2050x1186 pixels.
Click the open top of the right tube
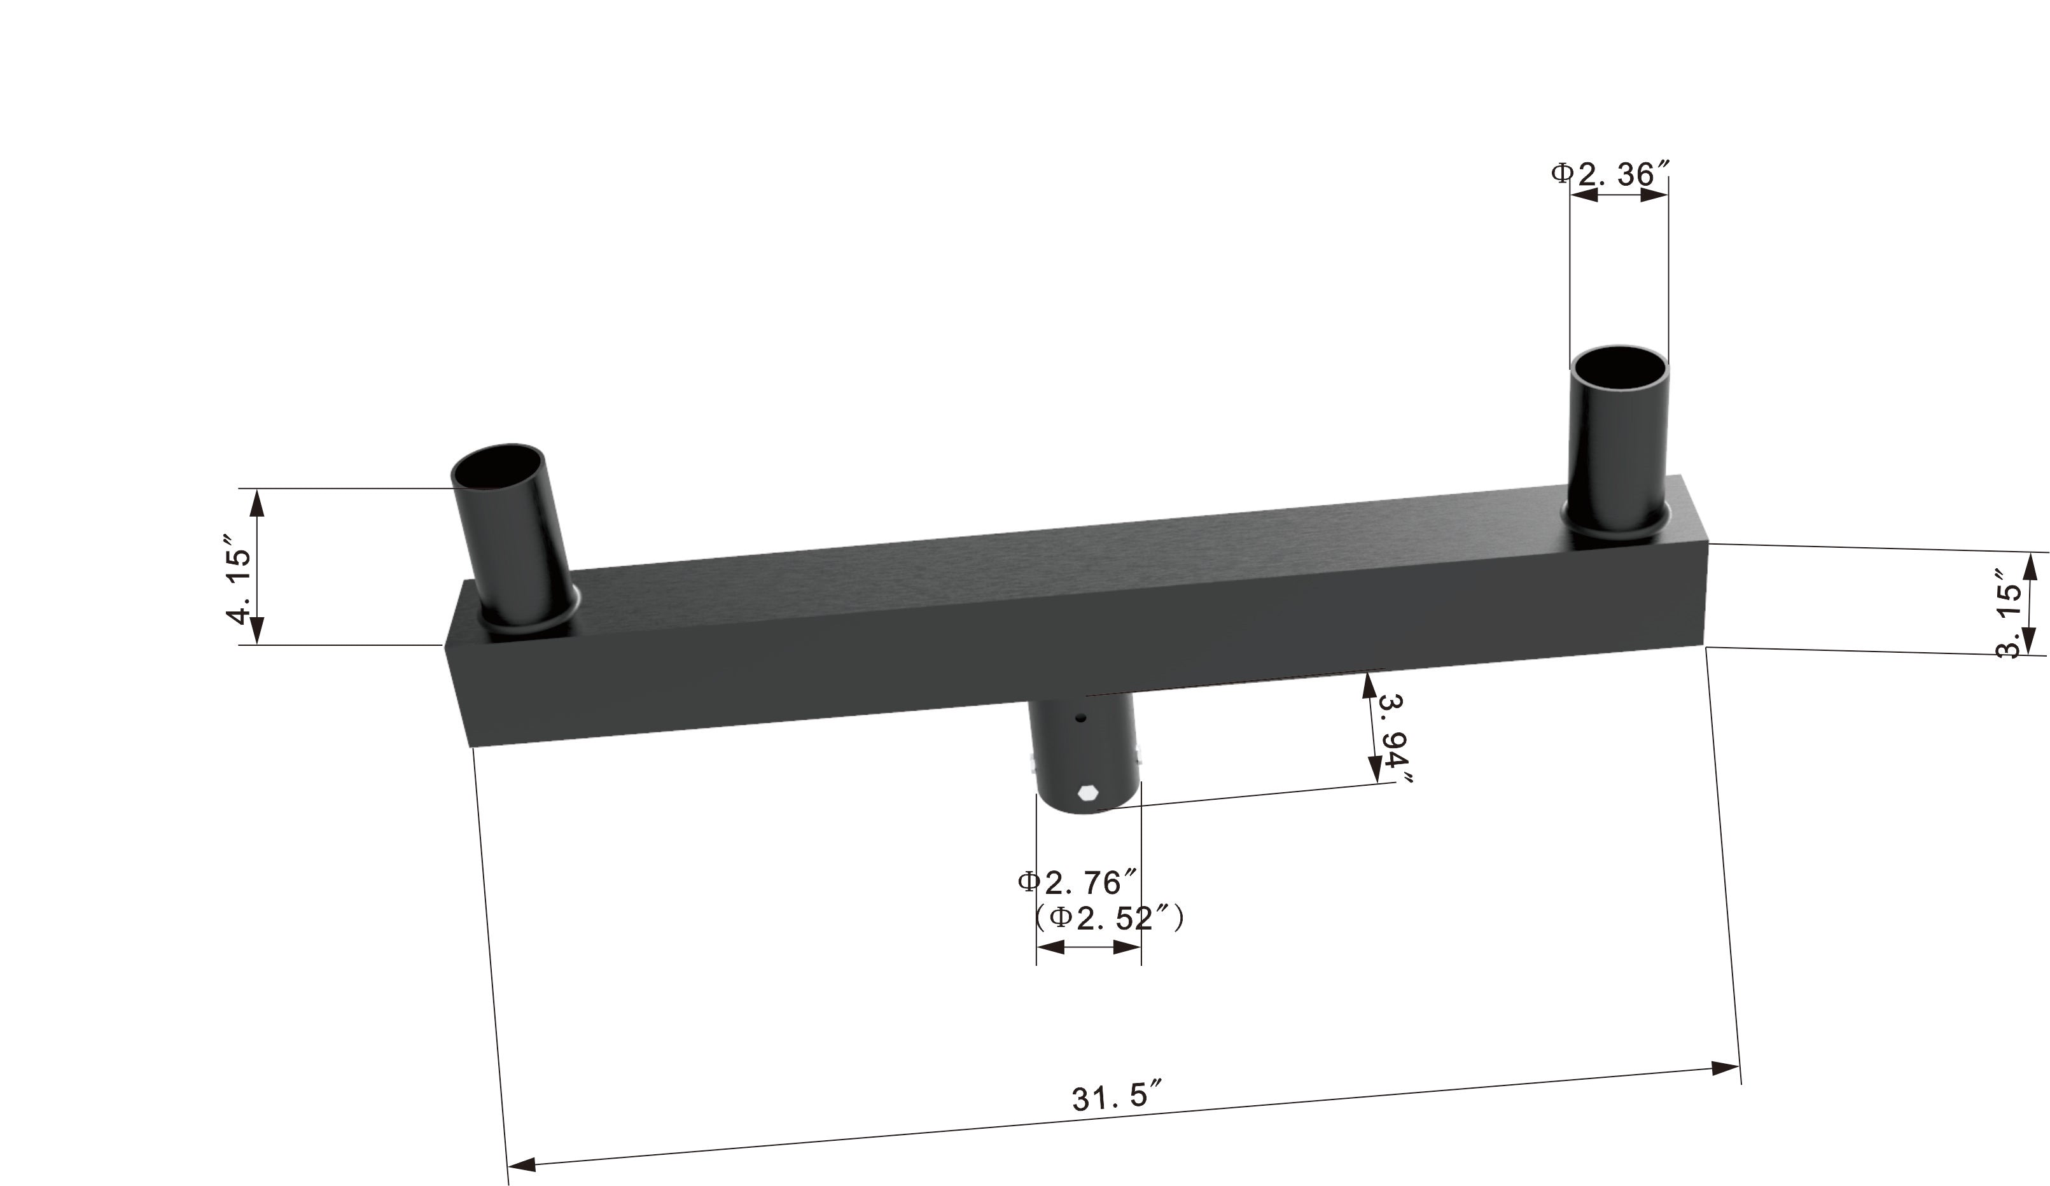[x=1618, y=368]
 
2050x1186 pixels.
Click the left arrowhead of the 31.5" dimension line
[x=523, y=1166]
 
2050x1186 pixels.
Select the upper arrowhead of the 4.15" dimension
[x=257, y=505]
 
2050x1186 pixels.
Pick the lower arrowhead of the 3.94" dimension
[x=1374, y=768]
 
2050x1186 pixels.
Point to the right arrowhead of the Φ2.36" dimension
[x=1654, y=195]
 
